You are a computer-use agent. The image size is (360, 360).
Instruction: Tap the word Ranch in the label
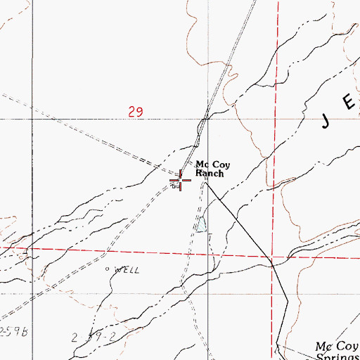(x=210, y=173)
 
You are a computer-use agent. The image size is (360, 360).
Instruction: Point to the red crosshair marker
(x=181, y=181)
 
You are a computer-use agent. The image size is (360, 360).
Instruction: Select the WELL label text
(x=127, y=269)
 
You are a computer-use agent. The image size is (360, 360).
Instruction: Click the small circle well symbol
(x=108, y=269)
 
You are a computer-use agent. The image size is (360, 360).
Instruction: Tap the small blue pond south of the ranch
(x=201, y=225)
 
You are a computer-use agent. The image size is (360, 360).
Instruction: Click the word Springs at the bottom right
(x=337, y=355)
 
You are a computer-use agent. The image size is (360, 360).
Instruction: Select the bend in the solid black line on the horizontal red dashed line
(x=271, y=260)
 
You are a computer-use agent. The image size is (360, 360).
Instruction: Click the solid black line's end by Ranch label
(x=205, y=184)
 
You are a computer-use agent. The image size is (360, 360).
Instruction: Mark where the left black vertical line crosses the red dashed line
(x=32, y=248)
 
